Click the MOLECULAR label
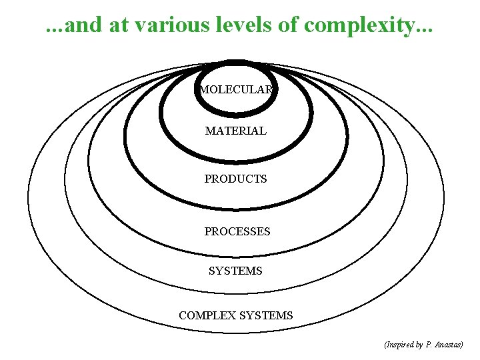coord(236,90)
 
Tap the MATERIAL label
coord(236,131)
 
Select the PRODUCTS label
coord(235,179)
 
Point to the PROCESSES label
coord(237,232)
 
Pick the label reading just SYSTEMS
coord(235,271)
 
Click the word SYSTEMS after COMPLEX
coord(266,315)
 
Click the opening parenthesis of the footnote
coord(386,345)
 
